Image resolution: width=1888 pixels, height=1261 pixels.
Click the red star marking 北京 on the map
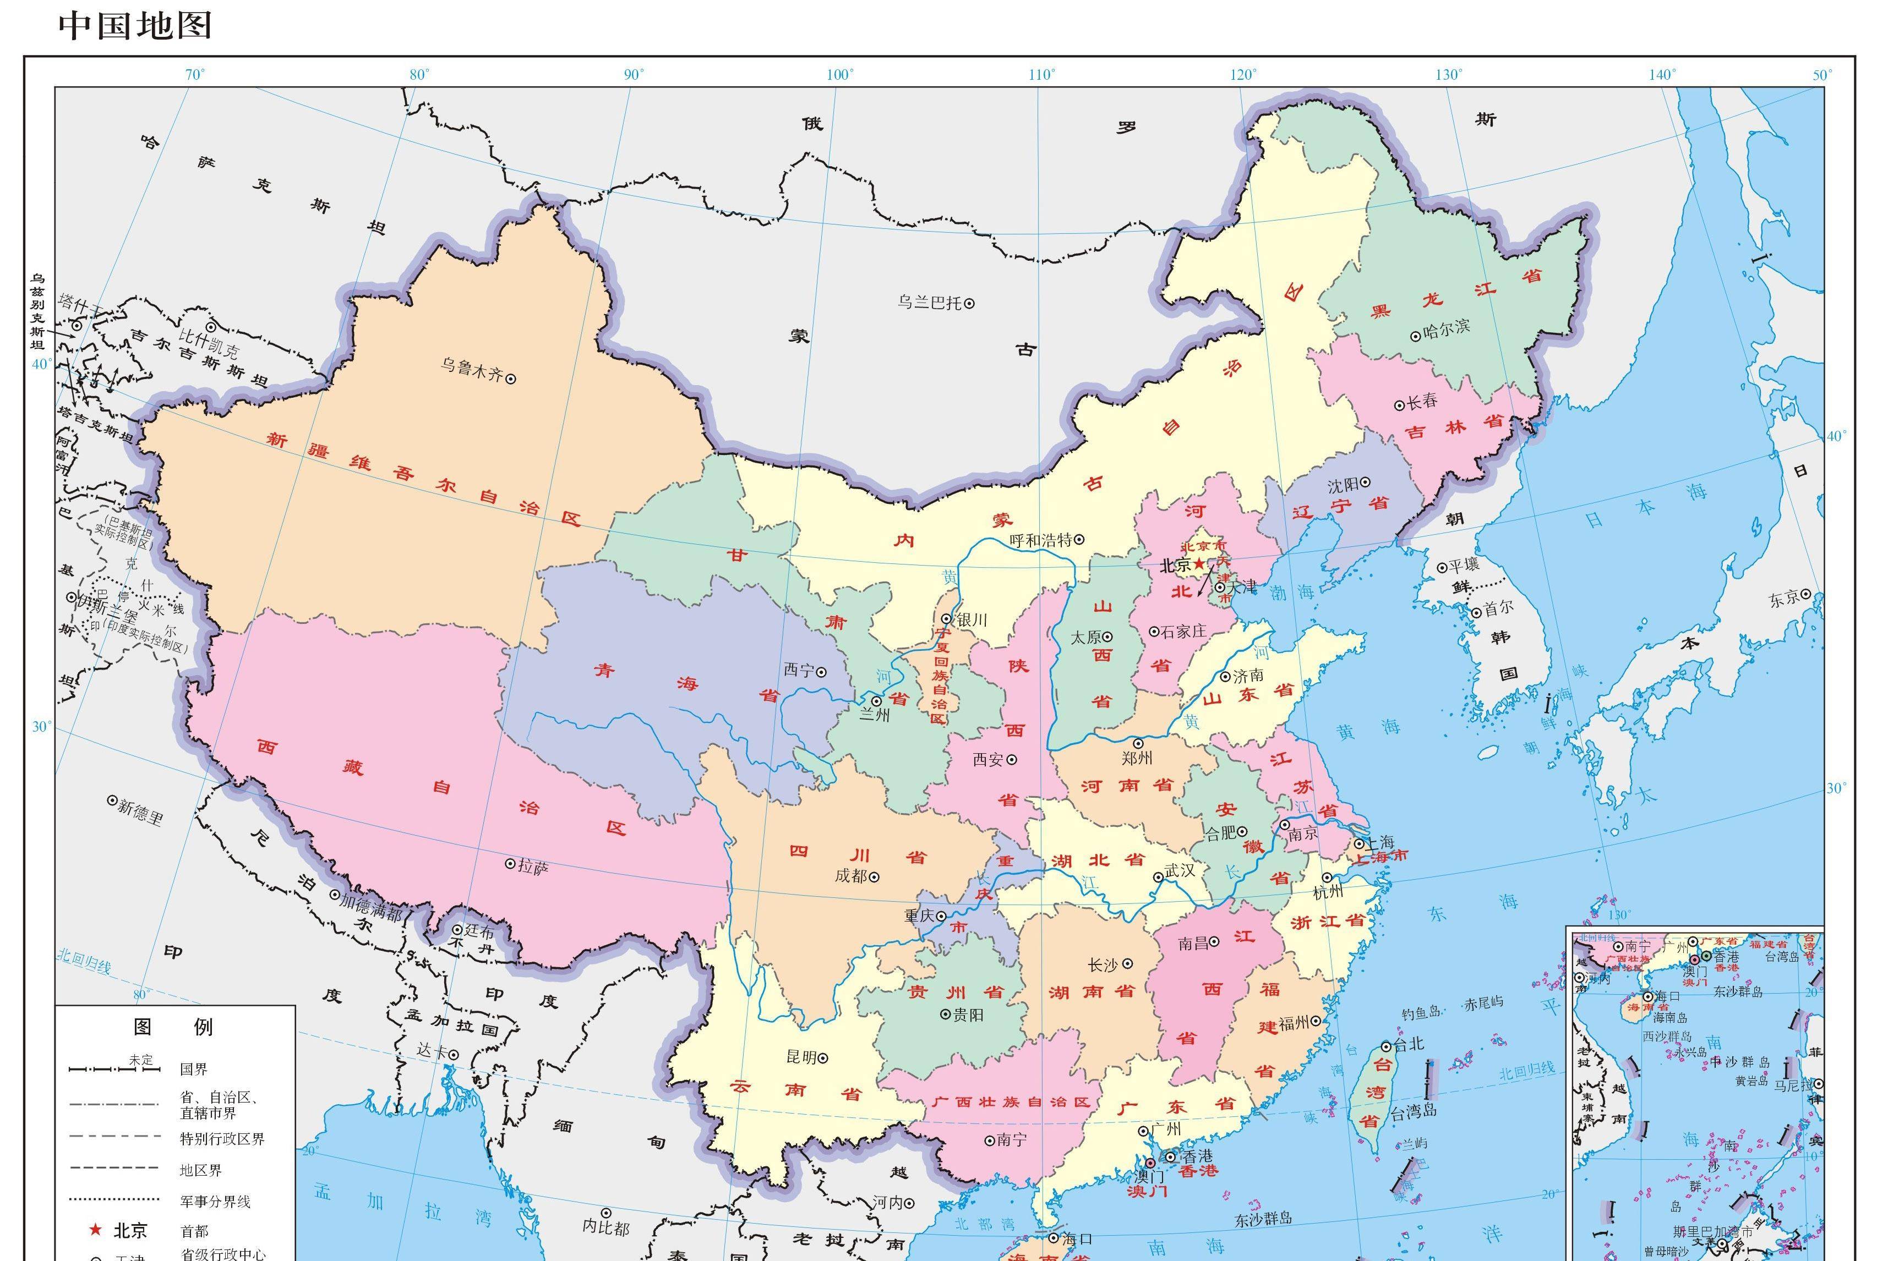pos(1199,566)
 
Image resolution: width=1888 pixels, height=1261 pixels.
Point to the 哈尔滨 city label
pos(1445,328)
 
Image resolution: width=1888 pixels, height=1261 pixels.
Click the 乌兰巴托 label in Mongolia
pos(930,303)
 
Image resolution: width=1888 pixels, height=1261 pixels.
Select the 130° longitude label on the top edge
pos(1449,75)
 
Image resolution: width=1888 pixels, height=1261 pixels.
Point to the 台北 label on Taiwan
pos(1408,1044)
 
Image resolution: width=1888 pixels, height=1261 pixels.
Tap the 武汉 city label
pos(1179,871)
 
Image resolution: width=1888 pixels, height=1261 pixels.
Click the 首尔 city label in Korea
pos(1498,610)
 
